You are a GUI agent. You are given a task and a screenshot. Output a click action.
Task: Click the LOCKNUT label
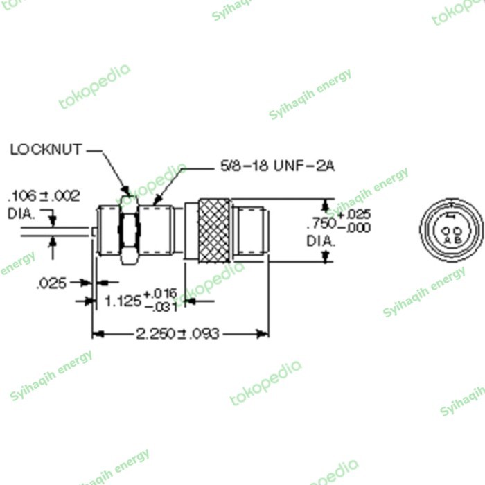(46, 149)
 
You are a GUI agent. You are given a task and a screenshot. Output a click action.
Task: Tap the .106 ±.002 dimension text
(43, 195)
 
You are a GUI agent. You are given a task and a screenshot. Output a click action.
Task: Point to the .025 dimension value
(52, 283)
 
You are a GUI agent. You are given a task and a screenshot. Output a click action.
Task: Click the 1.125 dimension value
(123, 301)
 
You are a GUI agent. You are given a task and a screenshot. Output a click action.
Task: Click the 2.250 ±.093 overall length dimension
(178, 334)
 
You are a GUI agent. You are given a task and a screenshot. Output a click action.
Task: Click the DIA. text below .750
(321, 241)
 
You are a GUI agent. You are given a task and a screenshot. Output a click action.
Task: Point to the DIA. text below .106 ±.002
(21, 213)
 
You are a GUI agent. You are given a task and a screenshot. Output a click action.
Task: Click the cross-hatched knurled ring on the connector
(214, 229)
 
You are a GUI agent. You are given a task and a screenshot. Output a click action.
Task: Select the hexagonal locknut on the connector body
(127, 229)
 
